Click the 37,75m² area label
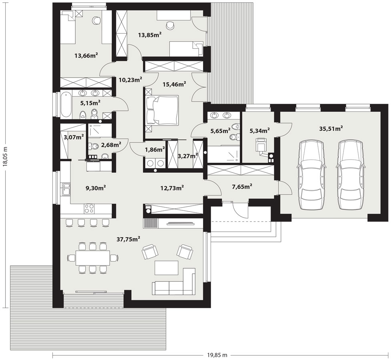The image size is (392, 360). click(x=128, y=239)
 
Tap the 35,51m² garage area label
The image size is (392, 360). click(x=331, y=129)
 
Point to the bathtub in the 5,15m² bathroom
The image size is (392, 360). click(x=66, y=105)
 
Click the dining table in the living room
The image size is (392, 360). click(x=93, y=257)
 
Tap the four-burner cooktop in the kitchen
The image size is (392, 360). click(x=89, y=209)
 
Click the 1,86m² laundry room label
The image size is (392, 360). click(x=155, y=150)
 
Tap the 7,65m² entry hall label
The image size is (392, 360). click(x=242, y=186)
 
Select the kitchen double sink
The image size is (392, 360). click(x=66, y=189)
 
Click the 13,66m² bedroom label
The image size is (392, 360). click(x=86, y=55)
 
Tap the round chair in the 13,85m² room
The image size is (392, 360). click(x=171, y=25)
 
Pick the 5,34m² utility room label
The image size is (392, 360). click(x=260, y=130)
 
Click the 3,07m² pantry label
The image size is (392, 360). click(x=74, y=137)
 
